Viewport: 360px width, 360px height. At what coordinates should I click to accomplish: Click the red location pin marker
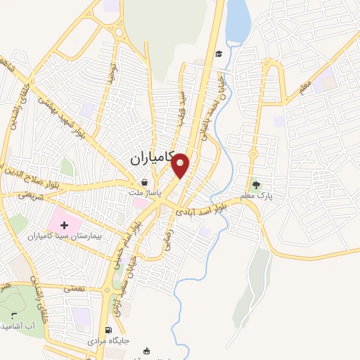point(181,164)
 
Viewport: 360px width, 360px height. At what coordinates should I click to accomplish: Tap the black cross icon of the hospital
point(65,225)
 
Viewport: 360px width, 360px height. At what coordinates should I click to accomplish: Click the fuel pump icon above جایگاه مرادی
point(108,330)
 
